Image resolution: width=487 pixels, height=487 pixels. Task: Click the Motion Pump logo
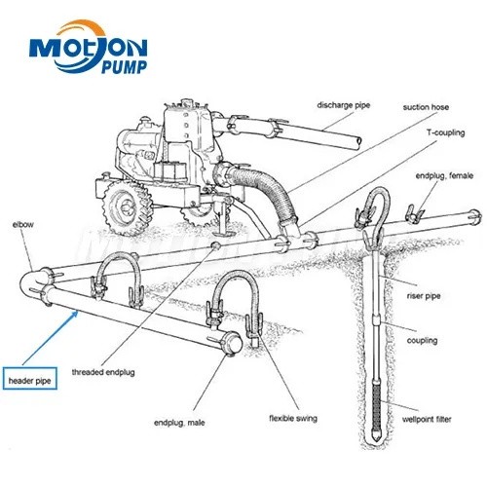coord(89,47)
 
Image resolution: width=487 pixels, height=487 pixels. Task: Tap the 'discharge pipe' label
coord(344,105)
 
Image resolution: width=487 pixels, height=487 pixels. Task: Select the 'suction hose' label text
coord(426,107)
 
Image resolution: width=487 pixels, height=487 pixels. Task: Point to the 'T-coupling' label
coord(445,132)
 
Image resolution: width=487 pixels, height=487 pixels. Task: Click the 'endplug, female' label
coord(444,175)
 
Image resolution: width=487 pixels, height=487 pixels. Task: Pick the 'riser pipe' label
coord(424,296)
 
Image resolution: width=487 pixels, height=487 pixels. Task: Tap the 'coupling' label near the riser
coord(422,341)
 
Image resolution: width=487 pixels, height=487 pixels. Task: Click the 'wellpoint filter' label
coord(427,419)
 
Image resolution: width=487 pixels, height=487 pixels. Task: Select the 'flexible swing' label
coord(293,418)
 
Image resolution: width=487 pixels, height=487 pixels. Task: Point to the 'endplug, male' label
coord(179,423)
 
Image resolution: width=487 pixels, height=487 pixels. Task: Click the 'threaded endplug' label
coord(103,372)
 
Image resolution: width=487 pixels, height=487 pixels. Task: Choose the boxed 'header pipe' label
coord(30,378)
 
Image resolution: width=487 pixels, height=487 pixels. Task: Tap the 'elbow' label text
coord(23,224)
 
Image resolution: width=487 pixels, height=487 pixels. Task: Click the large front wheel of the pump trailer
coord(128,206)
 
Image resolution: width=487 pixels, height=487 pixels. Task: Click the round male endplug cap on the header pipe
coord(233,344)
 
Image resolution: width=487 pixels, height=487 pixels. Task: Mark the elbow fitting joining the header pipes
coord(32,281)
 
